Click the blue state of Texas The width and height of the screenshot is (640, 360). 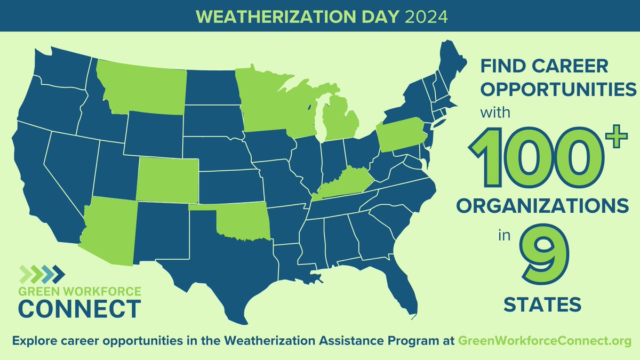point(224,267)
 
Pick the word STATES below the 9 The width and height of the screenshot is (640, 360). point(542,306)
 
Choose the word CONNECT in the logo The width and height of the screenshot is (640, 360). point(79,308)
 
